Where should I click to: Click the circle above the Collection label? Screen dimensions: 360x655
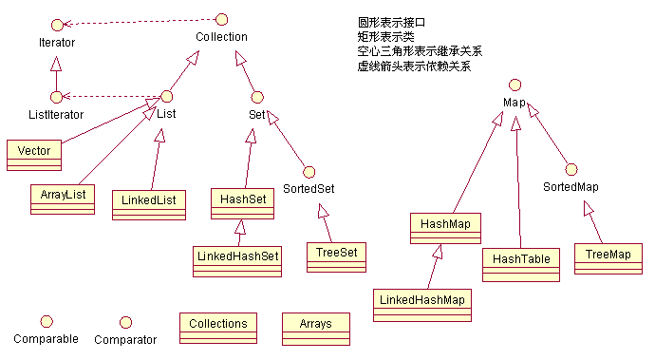[221, 18]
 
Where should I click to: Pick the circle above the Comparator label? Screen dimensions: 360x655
[123, 321]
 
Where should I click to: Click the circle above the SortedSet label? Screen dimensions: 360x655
[309, 171]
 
